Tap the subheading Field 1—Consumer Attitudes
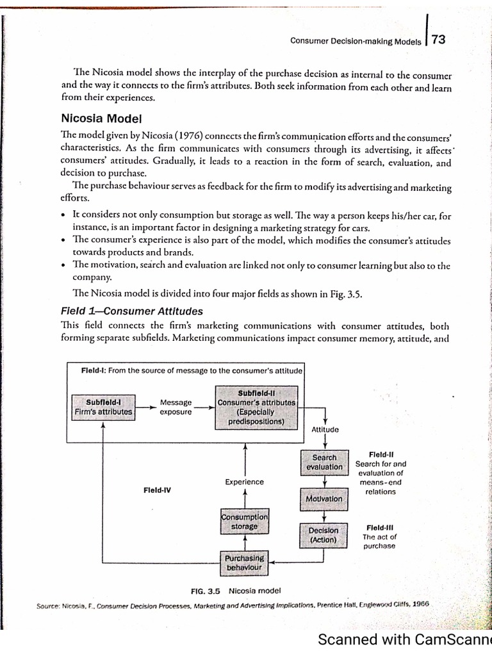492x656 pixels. point(131,311)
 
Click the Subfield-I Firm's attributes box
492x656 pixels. point(103,407)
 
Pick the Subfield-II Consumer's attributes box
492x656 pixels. point(256,406)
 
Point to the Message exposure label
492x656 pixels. point(176,407)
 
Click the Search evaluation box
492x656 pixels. point(324,462)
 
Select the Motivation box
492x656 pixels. point(324,498)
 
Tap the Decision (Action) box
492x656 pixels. point(324,535)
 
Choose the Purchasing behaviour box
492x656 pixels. point(243,562)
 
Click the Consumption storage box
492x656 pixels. point(244,521)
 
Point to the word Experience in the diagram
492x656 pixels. point(244,482)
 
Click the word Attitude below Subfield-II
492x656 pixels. point(325,429)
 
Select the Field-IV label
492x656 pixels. point(157,489)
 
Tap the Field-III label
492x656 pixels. point(379,527)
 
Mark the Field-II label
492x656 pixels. point(381,454)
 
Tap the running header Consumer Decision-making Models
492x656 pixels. point(356,42)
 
